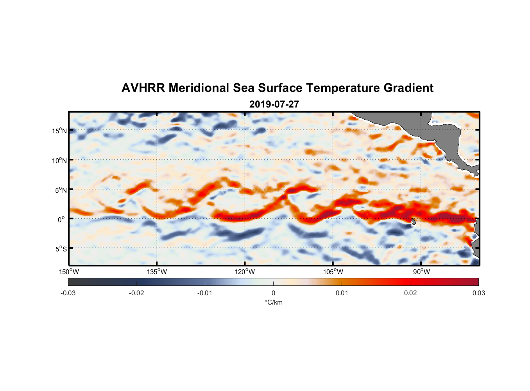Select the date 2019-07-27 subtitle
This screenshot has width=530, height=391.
click(x=274, y=104)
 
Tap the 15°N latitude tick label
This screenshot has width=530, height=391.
click(x=59, y=131)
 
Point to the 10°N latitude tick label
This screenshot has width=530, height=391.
click(x=59, y=160)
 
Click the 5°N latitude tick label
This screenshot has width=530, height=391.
click(x=61, y=190)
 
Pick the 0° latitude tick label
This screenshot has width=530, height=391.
click(x=61, y=220)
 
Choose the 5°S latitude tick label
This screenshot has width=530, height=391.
click(x=61, y=249)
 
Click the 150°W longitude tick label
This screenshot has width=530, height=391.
click(x=69, y=272)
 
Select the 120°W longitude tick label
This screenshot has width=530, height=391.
click(x=245, y=272)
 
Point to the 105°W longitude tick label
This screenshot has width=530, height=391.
click(x=333, y=272)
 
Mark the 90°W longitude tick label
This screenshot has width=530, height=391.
click(x=421, y=272)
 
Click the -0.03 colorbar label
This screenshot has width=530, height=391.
click(x=68, y=293)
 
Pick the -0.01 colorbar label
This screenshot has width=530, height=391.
click(x=205, y=293)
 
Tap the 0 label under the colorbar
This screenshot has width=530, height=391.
click(x=273, y=293)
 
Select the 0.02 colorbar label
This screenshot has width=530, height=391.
click(x=410, y=293)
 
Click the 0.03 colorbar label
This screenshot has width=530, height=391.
click(x=478, y=293)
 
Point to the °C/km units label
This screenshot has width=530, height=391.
click(x=274, y=302)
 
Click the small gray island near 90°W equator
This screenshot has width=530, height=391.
click(x=414, y=221)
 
